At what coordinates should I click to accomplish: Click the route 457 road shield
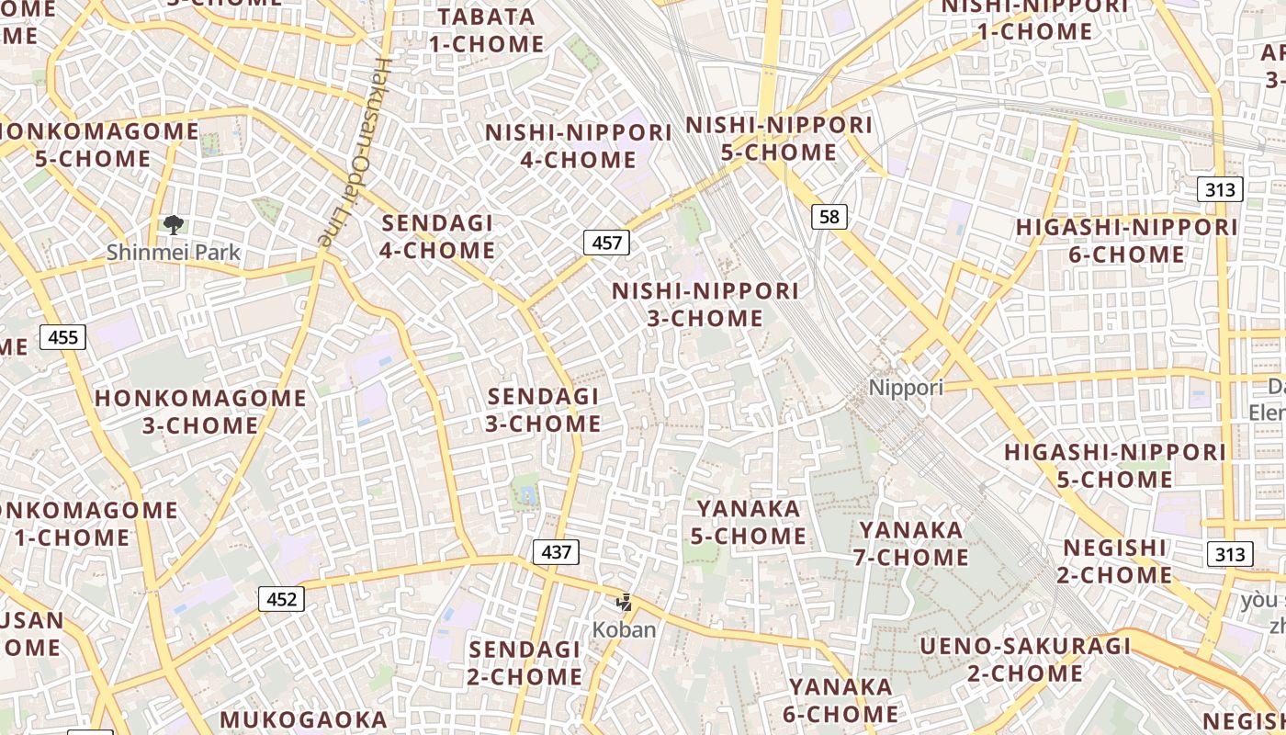point(606,243)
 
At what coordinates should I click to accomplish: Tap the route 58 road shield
point(829,217)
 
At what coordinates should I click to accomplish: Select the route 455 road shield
point(62,337)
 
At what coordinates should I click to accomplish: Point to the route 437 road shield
point(556,552)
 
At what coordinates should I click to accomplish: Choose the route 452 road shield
point(281,599)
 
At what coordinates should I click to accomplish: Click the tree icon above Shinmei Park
point(173,225)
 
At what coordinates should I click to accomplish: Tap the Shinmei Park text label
point(173,252)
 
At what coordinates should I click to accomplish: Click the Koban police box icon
point(625,603)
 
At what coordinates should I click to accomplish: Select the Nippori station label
point(906,387)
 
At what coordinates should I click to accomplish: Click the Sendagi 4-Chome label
point(437,236)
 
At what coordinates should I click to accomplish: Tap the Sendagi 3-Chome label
point(543,410)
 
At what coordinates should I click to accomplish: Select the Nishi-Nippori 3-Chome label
point(705,304)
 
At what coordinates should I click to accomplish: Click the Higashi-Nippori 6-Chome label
point(1126,241)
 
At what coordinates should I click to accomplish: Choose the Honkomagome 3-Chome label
point(200,412)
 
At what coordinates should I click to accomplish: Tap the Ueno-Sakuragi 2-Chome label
point(1025,660)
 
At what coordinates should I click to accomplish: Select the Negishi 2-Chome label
point(1117,561)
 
